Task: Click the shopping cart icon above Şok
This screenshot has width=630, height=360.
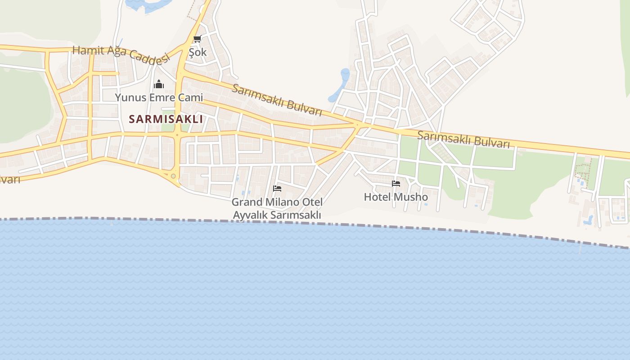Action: [x=197, y=39]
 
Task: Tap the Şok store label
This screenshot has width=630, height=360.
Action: [x=198, y=52]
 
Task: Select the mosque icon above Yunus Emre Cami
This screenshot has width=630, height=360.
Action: [x=158, y=84]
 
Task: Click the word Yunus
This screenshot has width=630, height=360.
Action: [x=129, y=97]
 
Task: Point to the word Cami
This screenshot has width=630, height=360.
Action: [x=192, y=97]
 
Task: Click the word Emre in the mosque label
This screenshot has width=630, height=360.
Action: [x=162, y=97]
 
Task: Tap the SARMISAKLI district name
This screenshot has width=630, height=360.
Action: [x=166, y=119]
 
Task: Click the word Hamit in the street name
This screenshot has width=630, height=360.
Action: [x=85, y=50]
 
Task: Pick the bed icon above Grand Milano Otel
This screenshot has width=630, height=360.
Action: [x=277, y=188]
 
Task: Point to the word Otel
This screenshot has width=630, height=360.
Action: [x=312, y=202]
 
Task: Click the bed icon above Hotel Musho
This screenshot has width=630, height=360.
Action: [x=396, y=183]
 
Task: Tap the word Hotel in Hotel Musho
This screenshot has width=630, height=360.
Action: [x=377, y=197]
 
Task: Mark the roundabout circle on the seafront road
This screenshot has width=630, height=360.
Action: [x=173, y=176]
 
